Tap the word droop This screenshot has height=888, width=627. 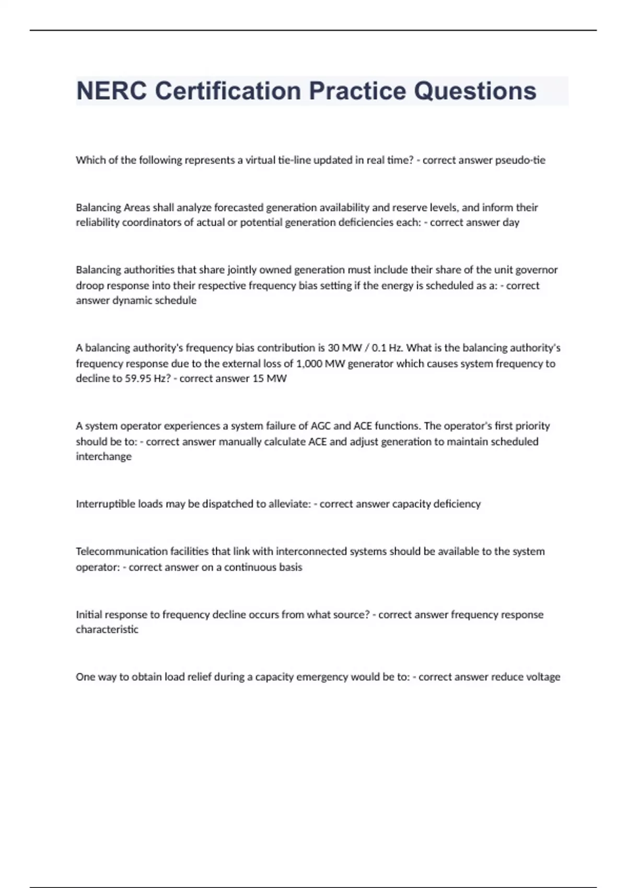click(x=90, y=286)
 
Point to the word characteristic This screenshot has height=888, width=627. click(x=107, y=629)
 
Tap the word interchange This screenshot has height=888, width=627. click(x=103, y=457)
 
